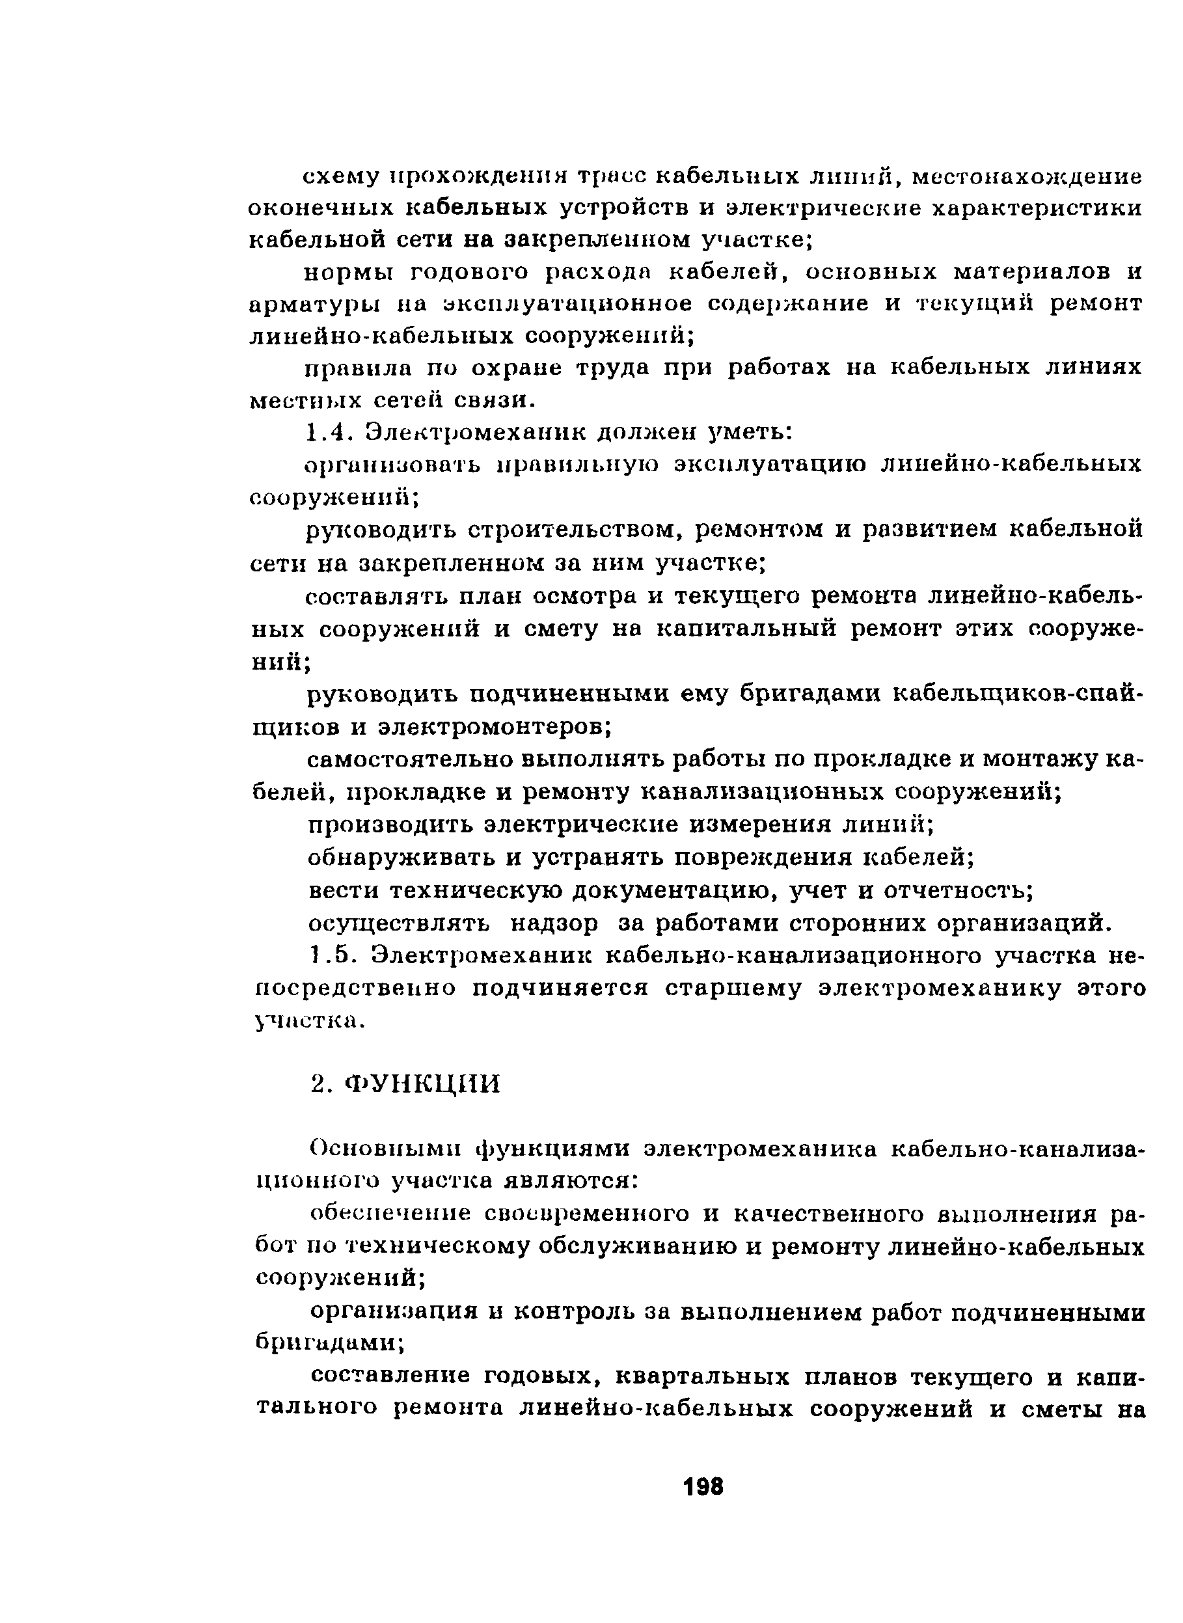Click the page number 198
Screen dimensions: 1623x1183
point(703,1487)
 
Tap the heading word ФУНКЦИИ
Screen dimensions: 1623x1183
point(422,1084)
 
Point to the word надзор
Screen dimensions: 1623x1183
point(553,924)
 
